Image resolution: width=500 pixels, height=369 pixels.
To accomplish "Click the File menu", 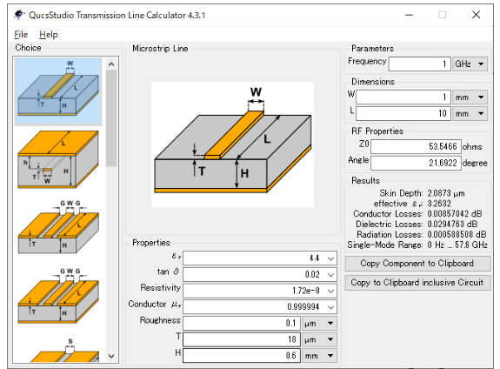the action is tap(21, 34).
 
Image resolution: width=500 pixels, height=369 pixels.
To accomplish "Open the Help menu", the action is tap(49, 34).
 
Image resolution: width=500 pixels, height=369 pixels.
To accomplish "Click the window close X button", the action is tap(476, 15).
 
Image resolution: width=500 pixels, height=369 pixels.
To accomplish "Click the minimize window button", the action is tap(409, 15).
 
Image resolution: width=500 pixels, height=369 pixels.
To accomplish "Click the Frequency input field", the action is tap(420, 64).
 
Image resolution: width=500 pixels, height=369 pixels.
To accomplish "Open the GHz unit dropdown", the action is tap(470, 64).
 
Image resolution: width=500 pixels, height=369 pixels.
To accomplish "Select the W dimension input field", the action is tap(403, 97).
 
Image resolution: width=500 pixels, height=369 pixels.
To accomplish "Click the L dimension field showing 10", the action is tap(403, 113).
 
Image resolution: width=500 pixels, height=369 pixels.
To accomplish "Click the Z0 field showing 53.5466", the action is tap(416, 146).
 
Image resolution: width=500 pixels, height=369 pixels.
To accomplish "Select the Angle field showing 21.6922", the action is tap(416, 163).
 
